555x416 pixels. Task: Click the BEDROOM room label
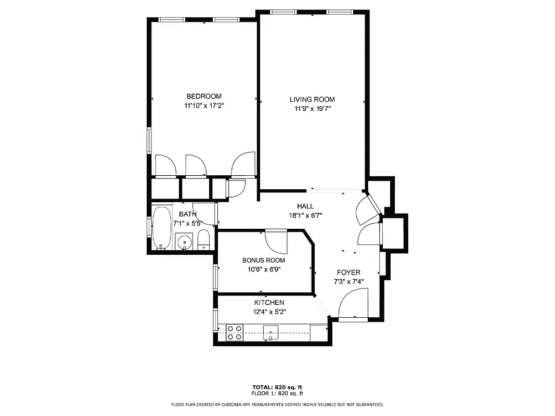click(x=204, y=96)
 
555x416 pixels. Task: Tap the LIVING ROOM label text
click(x=312, y=99)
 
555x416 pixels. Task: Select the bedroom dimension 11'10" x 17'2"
click(x=204, y=106)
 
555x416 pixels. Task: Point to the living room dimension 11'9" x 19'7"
click(x=312, y=109)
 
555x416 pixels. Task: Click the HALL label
click(x=305, y=206)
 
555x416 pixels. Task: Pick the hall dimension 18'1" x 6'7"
click(x=305, y=215)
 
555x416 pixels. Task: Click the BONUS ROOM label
click(x=264, y=260)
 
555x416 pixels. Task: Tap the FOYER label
click(x=349, y=272)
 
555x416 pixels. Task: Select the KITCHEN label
click(x=269, y=303)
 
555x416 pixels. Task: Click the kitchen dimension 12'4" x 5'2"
click(x=269, y=312)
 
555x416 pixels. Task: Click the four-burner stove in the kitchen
click(x=235, y=333)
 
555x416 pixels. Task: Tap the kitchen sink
click(x=270, y=332)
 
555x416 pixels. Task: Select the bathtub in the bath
click(x=162, y=228)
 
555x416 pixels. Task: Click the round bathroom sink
click(x=184, y=242)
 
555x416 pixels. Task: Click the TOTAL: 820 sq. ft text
click(x=277, y=387)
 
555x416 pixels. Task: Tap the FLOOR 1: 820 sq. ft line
click(x=277, y=393)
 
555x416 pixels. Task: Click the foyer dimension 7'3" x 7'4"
click(x=349, y=281)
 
